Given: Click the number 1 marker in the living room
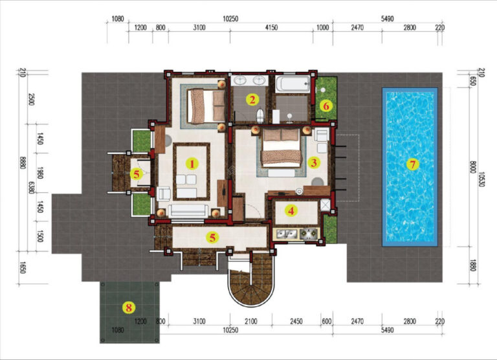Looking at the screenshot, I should pos(192,163).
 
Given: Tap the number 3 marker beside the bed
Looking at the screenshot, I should pos(314,163).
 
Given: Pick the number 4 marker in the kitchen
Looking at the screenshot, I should pos(292,210).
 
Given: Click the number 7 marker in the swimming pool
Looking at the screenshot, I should pos(412,164).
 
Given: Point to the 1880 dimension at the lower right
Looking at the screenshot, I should pos(470,265).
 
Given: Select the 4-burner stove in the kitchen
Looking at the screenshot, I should pos(308,233).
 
